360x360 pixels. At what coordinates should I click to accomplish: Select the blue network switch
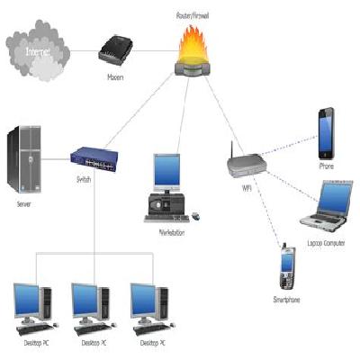coord(94,157)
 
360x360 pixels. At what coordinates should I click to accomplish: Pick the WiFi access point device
coord(246,163)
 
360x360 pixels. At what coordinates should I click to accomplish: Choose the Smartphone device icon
coord(288,265)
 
